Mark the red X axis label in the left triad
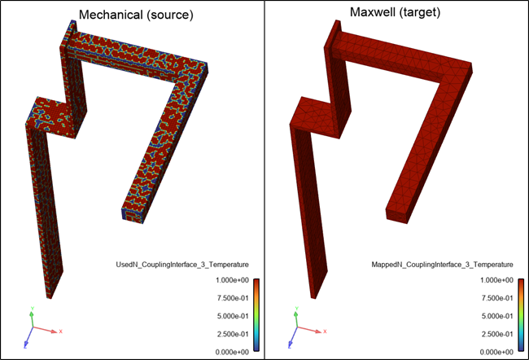click(x=61, y=331)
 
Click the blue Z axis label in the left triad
click(x=26, y=345)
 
